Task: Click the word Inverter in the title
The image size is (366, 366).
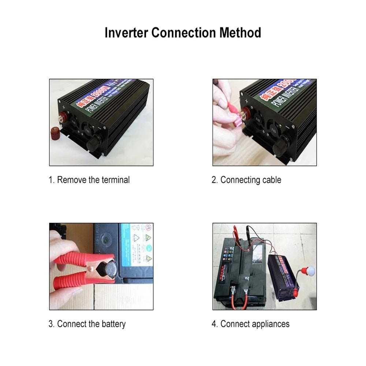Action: tap(126, 33)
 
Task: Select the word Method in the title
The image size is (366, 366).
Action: tap(240, 33)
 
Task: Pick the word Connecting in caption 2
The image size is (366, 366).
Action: tap(240, 180)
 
